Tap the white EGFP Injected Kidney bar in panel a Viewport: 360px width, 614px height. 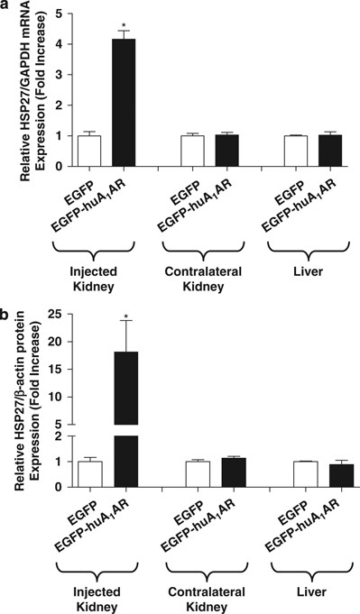(x=89, y=151)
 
